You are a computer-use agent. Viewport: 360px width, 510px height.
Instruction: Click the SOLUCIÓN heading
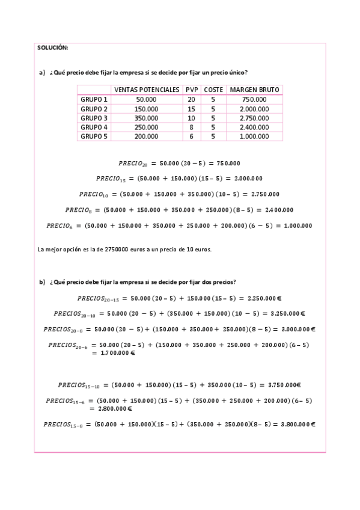[x=53, y=48]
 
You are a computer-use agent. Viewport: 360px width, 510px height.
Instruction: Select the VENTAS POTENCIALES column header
[x=147, y=90]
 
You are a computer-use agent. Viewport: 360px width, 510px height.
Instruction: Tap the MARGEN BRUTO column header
[x=254, y=90]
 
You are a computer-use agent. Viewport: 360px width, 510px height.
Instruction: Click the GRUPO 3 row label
[x=94, y=118]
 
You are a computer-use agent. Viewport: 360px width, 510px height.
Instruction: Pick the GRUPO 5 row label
[x=94, y=137]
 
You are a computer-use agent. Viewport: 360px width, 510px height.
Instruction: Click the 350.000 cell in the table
[x=147, y=118]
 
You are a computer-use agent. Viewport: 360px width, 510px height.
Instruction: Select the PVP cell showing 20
[x=191, y=99]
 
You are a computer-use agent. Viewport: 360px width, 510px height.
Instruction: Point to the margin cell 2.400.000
[x=254, y=127]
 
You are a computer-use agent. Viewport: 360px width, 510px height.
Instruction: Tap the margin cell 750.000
[x=254, y=99]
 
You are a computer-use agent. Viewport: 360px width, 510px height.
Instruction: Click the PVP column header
[x=191, y=90]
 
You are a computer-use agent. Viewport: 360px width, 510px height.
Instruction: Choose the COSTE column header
[x=213, y=90]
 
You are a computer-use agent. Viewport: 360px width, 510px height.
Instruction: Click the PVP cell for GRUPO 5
[x=191, y=137]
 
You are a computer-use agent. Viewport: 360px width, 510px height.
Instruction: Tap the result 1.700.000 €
[x=114, y=354]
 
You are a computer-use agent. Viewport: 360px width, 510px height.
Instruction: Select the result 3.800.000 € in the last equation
[x=297, y=425]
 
